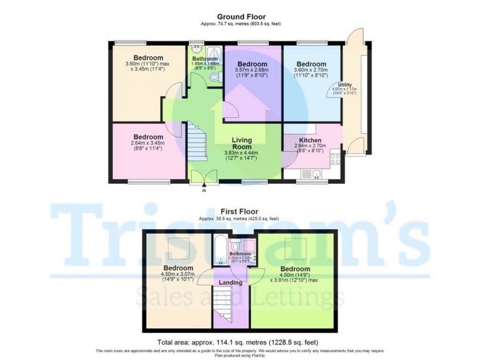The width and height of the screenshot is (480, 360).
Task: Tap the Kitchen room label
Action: (x=311, y=140)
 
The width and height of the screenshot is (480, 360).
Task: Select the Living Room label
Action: (x=242, y=144)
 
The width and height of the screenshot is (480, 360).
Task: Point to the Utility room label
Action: (x=345, y=85)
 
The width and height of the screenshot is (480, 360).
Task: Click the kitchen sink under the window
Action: (x=316, y=176)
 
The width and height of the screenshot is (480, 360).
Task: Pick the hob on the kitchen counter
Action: (x=336, y=158)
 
